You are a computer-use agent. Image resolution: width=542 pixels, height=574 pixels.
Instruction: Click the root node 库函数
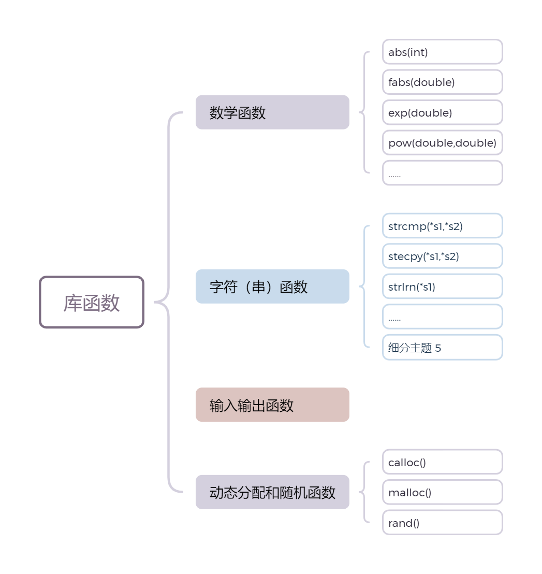pos(92,302)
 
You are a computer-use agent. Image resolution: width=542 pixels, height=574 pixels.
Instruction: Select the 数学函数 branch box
pos(272,112)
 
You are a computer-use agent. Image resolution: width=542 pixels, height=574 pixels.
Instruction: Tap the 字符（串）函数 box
pos(272,286)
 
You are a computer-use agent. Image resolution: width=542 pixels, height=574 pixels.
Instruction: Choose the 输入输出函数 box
pos(272,405)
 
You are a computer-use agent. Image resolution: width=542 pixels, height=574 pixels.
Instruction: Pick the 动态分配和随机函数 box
pos(272,492)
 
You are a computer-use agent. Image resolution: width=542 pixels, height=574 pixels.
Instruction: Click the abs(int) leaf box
pos(443,52)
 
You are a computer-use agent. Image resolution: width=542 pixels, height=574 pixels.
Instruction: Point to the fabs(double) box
pos(443,82)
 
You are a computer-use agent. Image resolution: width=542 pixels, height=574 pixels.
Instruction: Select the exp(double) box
pos(443,112)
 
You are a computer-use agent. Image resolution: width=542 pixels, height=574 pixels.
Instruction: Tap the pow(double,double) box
pos(443,142)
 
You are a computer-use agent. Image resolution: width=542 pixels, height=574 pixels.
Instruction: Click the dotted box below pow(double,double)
pos(443,173)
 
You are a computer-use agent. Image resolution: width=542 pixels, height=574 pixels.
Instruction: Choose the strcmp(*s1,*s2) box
pos(443,226)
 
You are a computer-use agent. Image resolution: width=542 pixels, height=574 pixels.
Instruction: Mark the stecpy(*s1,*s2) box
pos(443,256)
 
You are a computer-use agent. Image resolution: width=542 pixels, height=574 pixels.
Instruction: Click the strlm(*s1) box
pos(443,286)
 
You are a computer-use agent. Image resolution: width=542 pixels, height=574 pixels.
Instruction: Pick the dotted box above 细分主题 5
pos(443,317)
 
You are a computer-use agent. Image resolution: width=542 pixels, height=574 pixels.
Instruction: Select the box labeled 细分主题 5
pos(443,347)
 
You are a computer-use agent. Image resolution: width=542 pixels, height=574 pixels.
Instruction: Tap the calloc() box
pos(443,462)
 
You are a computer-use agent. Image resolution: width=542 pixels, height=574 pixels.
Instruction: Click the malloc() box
pos(443,492)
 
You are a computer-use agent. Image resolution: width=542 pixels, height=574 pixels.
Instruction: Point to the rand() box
pos(443,523)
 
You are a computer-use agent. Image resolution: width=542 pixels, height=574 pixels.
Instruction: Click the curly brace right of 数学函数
pos(364,112)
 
